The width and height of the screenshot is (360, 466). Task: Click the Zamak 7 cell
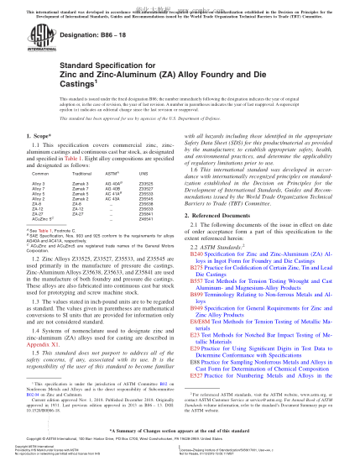pos(81,188)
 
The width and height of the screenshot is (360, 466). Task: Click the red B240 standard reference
pos(196,253)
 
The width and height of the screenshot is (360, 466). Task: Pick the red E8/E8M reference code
pos(199,319)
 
